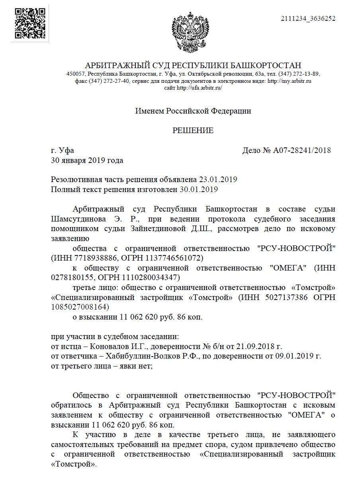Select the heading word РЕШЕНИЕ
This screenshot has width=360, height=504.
pos(193,131)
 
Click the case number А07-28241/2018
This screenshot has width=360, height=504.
pos(301,151)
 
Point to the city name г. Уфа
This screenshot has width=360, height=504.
pos(63,151)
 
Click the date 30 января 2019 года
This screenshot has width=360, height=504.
pos(87,161)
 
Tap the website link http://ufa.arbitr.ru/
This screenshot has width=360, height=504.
pos(199,87)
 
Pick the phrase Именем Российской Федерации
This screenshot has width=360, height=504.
pos(193,111)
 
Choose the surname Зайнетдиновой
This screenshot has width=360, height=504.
pos(134,229)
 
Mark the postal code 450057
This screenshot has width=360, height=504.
pos(76,74)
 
